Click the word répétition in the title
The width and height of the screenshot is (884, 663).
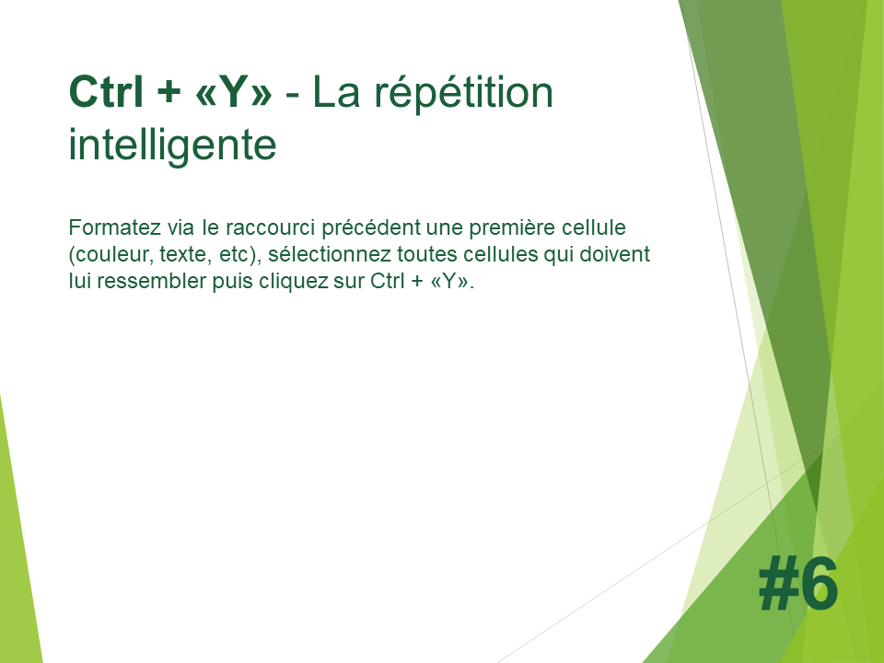[x=463, y=93]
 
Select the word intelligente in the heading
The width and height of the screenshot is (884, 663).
[x=172, y=145]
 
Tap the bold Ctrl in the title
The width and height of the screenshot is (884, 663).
[x=105, y=91]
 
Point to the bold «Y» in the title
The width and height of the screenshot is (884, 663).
[x=233, y=91]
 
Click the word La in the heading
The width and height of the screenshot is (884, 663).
[x=336, y=92]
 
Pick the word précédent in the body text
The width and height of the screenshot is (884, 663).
[x=371, y=227]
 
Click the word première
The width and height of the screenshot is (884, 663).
[x=512, y=227]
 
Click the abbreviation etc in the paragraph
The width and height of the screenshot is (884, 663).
[x=233, y=255]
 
